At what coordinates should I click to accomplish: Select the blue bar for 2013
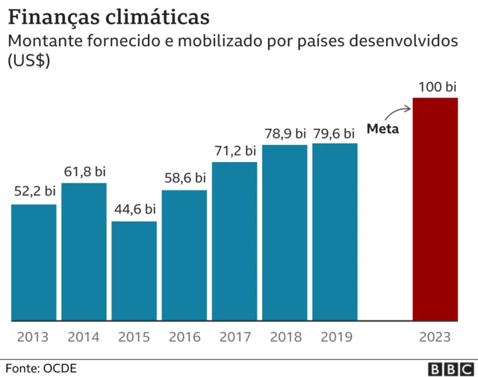pos(34,262)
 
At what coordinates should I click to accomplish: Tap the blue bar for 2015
pos(134,270)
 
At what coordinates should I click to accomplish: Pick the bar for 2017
pos(235,241)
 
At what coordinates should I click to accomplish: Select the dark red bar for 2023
pos(435,209)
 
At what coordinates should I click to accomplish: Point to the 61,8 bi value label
pos(84,171)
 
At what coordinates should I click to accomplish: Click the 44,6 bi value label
pos(134,209)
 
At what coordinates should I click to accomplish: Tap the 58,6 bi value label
pos(184,178)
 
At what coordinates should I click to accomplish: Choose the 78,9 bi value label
pos(285,133)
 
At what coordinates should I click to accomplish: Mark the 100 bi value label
pos(436,87)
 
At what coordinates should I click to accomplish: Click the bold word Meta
pos(383,128)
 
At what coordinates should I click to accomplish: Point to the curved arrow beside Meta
pos(400,112)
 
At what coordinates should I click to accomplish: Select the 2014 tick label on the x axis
pos(84,337)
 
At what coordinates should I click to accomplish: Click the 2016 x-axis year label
pos(184,337)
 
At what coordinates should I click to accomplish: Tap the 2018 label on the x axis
pos(285,337)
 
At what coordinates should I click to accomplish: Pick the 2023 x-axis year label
pos(435,337)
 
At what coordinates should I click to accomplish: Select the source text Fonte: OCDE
pos(41,368)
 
